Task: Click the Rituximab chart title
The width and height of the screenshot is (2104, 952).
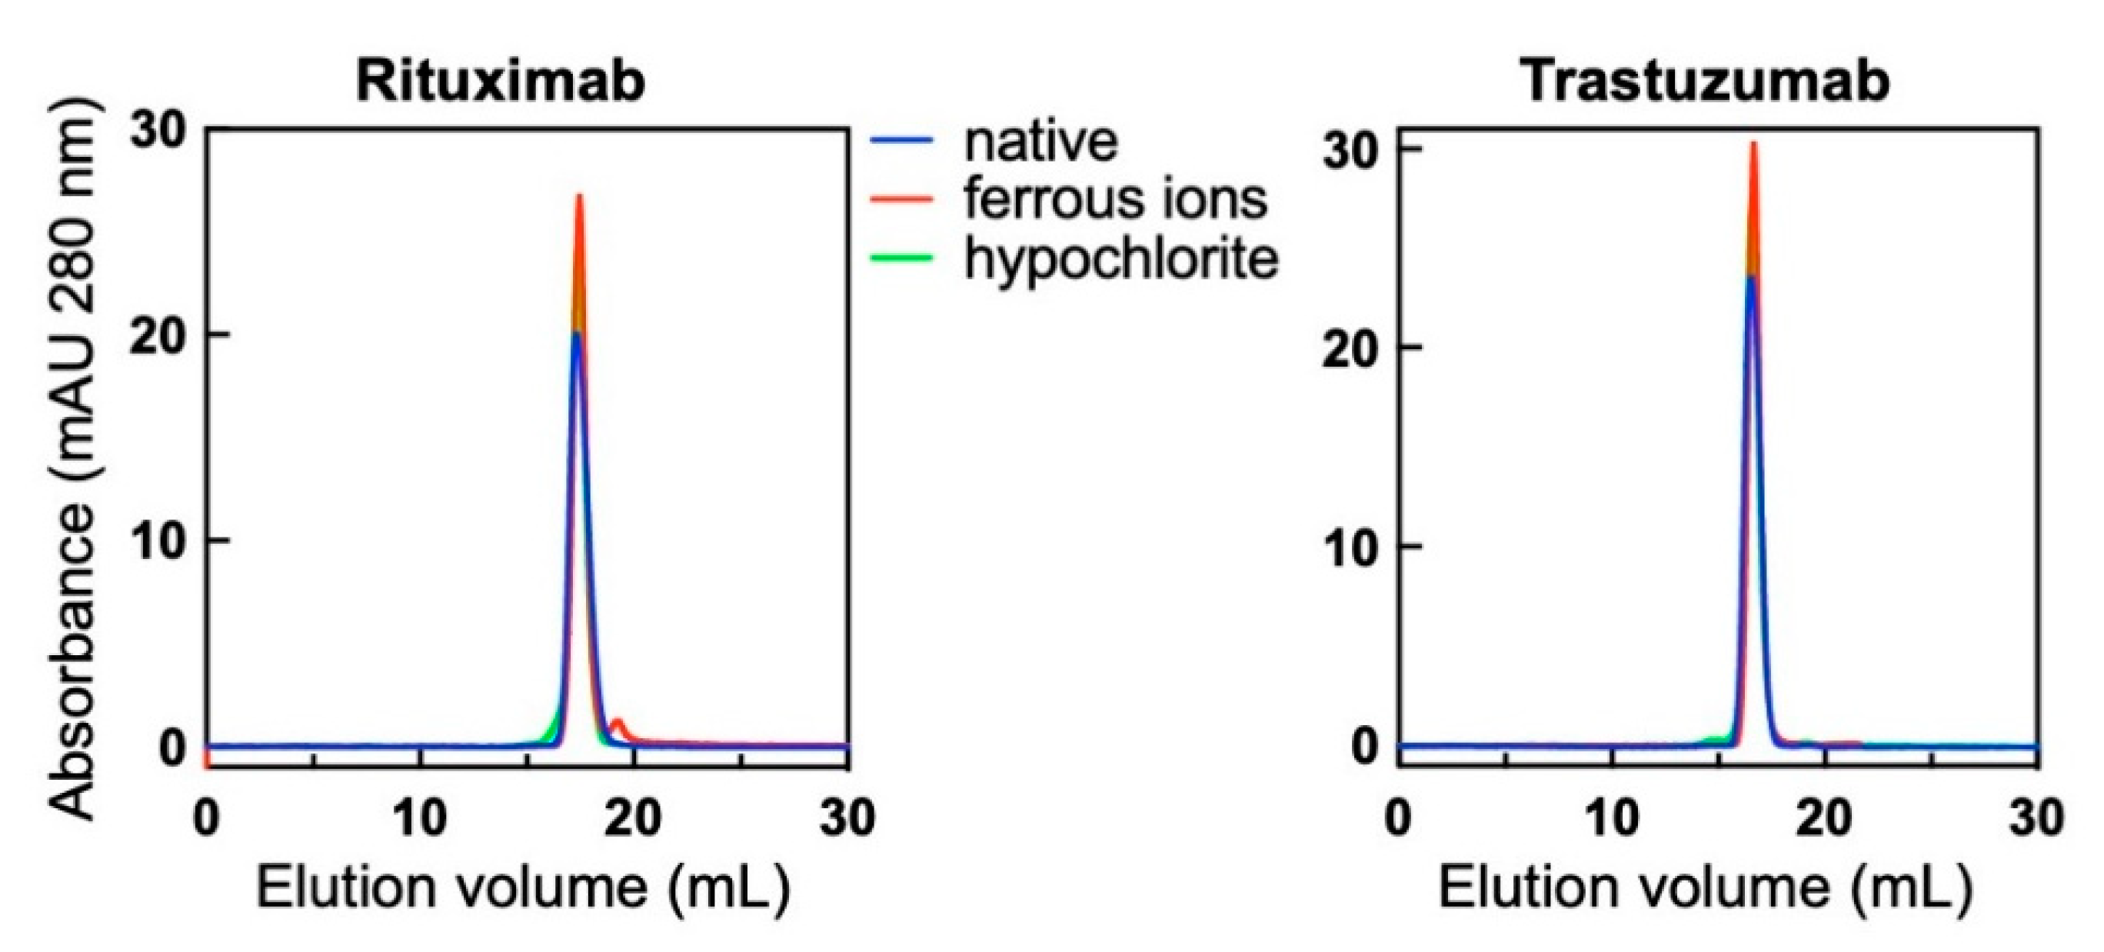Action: pos(500,82)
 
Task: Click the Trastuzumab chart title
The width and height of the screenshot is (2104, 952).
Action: pos(1705,82)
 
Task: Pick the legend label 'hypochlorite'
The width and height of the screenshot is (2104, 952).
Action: pos(1120,259)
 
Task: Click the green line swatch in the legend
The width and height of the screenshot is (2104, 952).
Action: pos(901,258)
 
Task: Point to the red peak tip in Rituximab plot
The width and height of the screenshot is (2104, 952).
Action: pos(579,197)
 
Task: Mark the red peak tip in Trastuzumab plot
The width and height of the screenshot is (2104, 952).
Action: pos(1753,145)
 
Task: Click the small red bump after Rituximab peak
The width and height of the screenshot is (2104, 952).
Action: pos(618,722)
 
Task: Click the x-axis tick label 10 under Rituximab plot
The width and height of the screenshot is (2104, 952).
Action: pos(420,817)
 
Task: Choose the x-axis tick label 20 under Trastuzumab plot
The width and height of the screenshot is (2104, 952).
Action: pos(1825,817)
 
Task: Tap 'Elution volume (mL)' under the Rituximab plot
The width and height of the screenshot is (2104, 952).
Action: pos(523,887)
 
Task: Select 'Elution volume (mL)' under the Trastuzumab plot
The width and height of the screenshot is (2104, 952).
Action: pos(1705,887)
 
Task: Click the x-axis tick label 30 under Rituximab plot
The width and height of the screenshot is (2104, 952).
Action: pos(847,817)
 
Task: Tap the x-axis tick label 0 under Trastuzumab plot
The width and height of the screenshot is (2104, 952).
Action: pos(1397,817)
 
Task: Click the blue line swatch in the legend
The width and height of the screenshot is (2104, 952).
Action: pos(901,141)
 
